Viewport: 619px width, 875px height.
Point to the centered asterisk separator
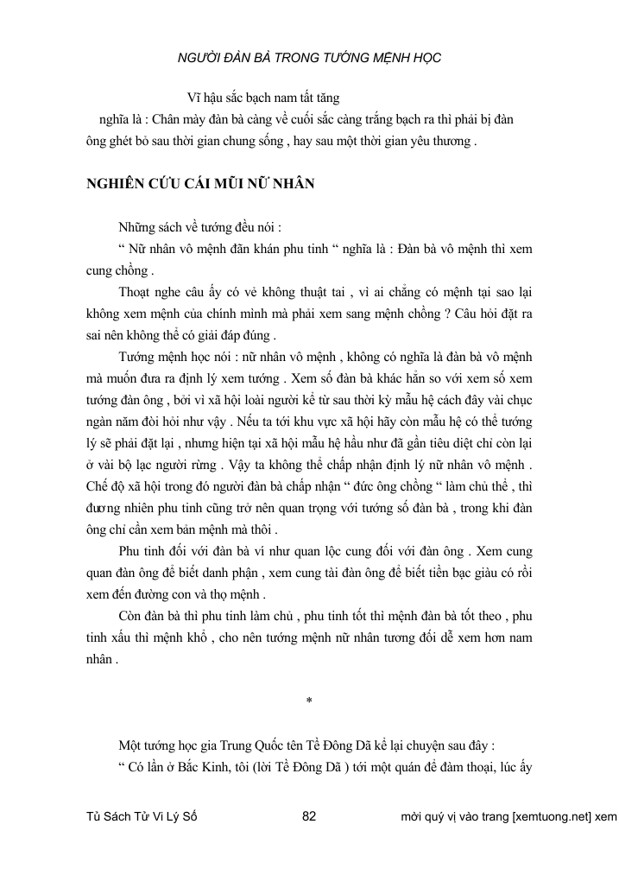click(x=308, y=700)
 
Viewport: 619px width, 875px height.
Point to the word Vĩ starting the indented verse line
click(x=193, y=99)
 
